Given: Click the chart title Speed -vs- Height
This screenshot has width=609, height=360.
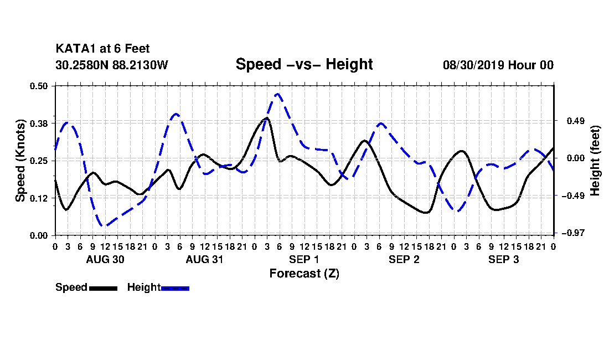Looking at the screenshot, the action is click(x=304, y=64).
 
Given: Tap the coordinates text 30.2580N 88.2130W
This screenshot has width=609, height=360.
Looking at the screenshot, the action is click(x=112, y=65).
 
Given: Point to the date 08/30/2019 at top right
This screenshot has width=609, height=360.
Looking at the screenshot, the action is click(x=473, y=65).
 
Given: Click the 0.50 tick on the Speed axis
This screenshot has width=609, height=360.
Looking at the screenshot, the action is click(x=39, y=86).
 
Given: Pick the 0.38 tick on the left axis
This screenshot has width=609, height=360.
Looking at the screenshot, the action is click(x=39, y=124).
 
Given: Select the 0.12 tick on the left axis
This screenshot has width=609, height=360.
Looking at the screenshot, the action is click(x=39, y=198).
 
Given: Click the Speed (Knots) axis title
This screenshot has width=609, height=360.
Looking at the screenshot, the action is click(x=20, y=161).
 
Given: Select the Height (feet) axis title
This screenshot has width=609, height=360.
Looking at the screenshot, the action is click(x=595, y=161).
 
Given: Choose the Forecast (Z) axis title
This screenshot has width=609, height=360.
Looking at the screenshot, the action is click(x=304, y=274).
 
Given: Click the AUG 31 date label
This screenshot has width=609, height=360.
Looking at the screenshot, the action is click(x=205, y=259).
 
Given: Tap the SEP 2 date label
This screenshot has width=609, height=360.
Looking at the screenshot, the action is click(x=404, y=259).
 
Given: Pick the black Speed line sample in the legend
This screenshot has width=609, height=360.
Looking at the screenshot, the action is click(x=104, y=288).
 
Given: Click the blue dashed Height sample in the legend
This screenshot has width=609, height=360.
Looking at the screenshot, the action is click(x=175, y=288).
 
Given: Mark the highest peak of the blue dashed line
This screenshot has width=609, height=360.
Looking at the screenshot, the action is click(x=277, y=94).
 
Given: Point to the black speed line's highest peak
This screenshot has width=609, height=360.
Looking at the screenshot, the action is click(x=267, y=117).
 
